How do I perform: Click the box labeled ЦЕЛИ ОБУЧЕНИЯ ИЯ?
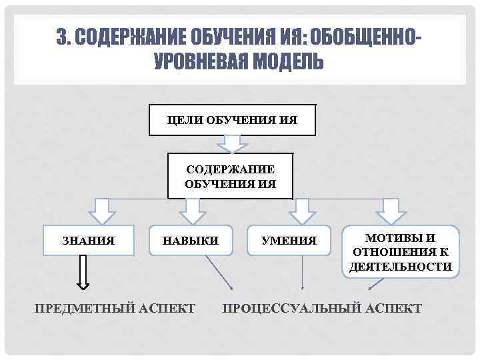pos(232,120)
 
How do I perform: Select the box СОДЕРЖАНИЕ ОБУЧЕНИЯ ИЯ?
pos(230,177)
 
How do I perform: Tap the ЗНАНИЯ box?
pos(88,241)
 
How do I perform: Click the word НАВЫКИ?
pos(191,241)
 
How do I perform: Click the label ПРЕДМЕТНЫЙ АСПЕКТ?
pos(115,308)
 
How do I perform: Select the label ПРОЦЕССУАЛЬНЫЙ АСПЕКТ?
pos(322,308)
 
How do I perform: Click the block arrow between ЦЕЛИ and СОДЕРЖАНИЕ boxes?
pos(232,143)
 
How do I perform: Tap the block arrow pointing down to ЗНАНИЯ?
pos(102,211)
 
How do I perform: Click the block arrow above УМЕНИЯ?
pos(302,211)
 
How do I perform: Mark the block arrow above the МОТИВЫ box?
pos(391,211)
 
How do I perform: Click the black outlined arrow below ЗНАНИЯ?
pos(83,273)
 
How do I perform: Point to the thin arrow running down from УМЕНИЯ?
pos(303,273)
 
